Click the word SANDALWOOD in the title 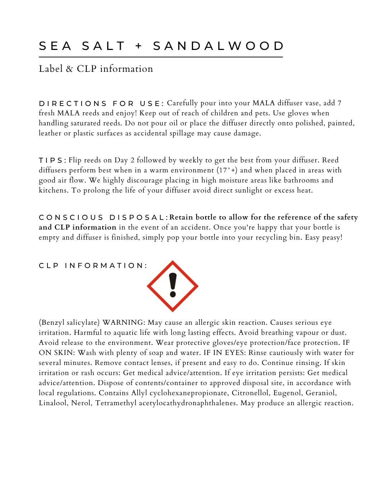point(218,46)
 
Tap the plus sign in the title point(139,46)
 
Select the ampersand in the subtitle point(69,69)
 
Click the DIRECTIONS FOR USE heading point(101,103)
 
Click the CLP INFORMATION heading point(93,266)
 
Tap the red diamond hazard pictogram point(173,286)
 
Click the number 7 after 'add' point(339,103)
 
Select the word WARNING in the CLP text point(124,323)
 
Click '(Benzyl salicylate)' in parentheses point(69,323)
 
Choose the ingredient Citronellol point(250,393)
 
